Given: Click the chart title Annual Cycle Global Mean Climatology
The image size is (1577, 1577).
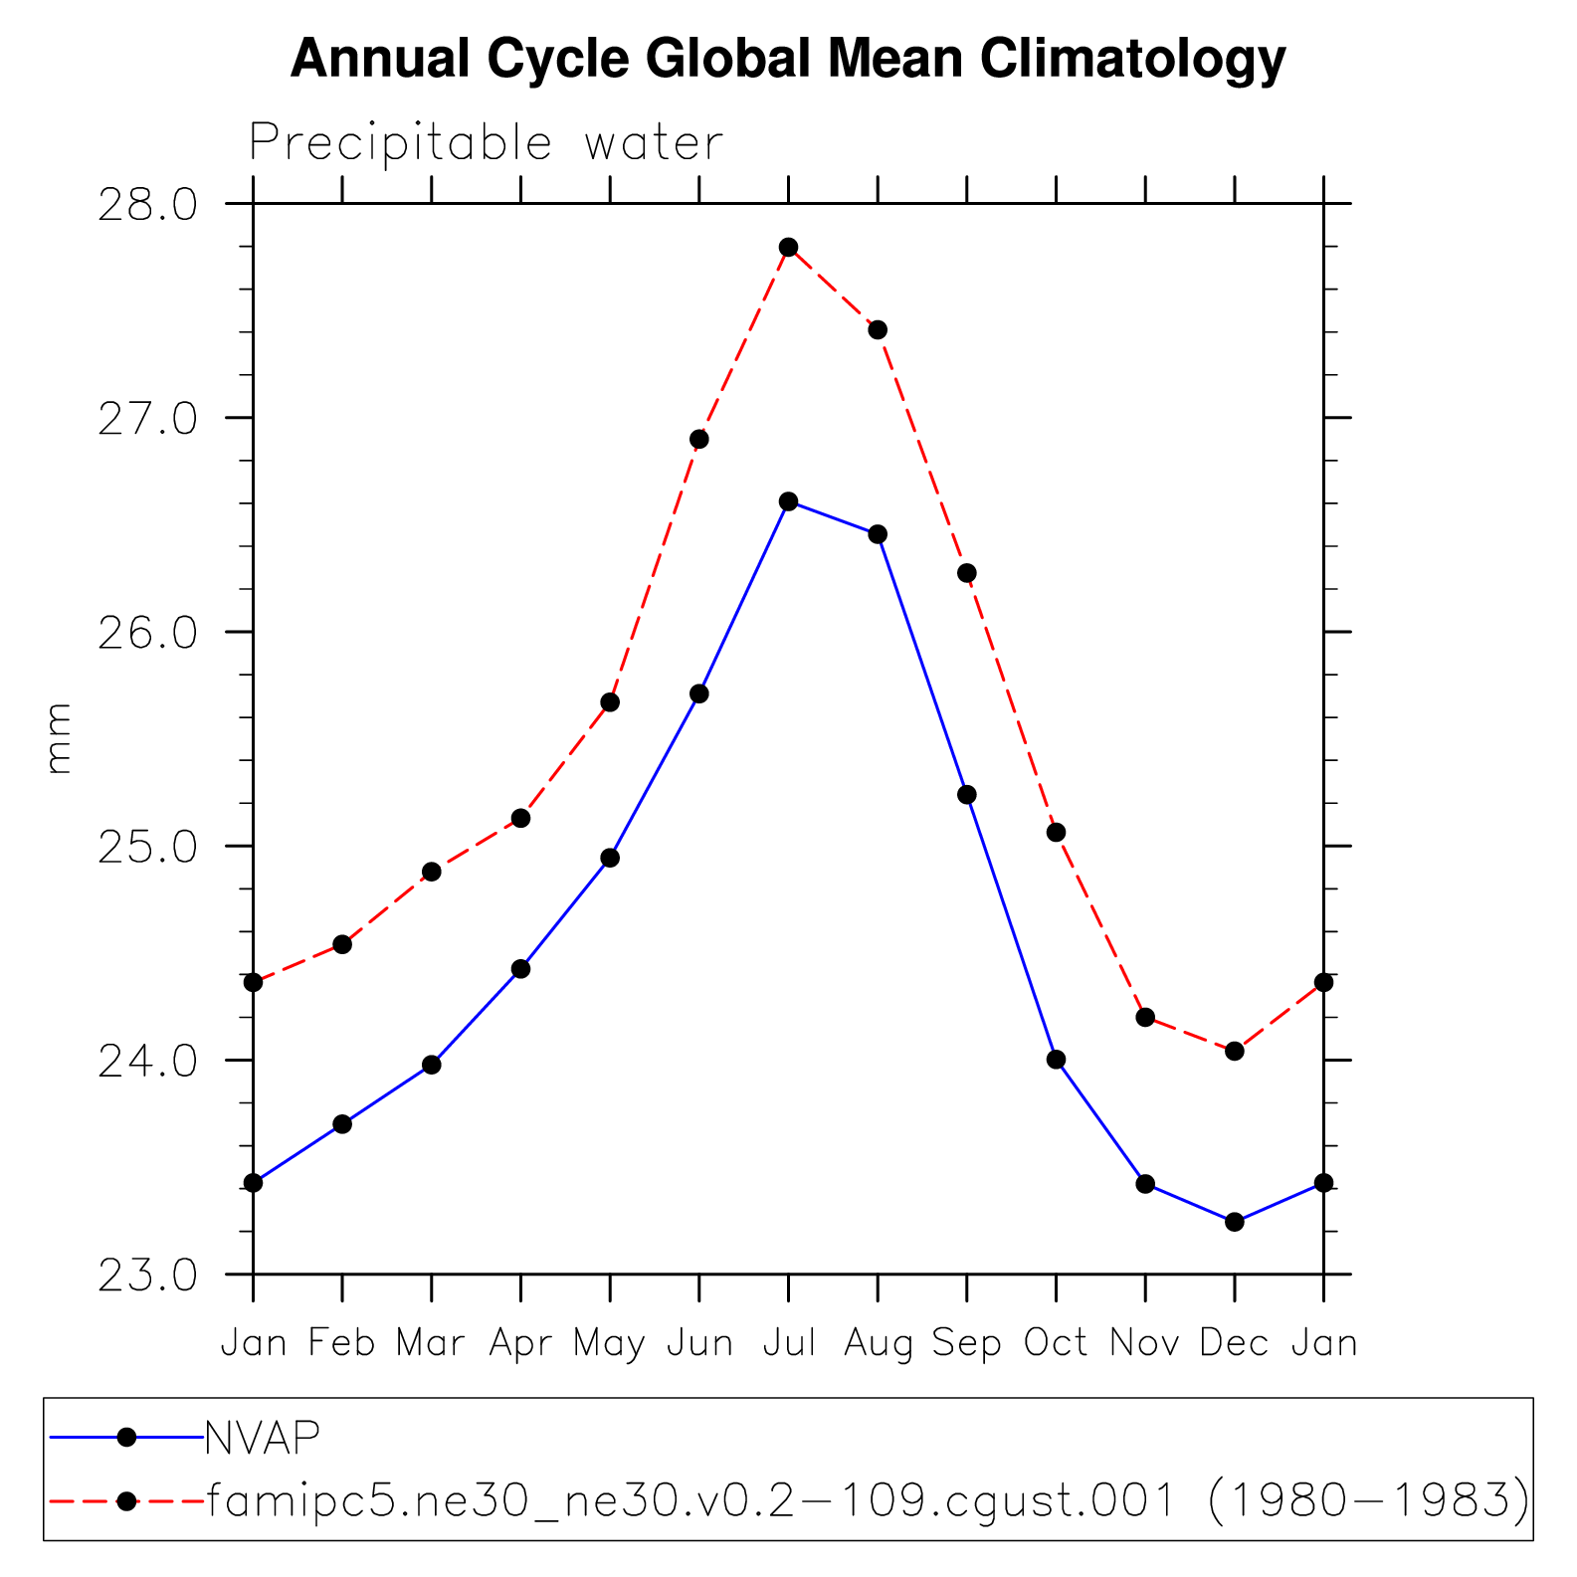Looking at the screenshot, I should pyautogui.click(x=788, y=59).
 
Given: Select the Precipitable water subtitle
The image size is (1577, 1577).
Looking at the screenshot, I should pyautogui.click(x=486, y=143).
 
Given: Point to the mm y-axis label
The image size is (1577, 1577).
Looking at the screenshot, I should pyautogui.click(x=59, y=738).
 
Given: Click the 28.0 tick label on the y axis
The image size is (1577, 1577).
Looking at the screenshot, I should pyautogui.click(x=148, y=205).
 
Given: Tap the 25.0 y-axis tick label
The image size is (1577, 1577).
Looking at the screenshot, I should pyautogui.click(x=148, y=847).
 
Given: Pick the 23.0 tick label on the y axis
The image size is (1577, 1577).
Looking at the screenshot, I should pyautogui.click(x=148, y=1276).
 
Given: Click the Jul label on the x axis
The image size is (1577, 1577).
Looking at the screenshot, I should pyautogui.click(x=789, y=1343).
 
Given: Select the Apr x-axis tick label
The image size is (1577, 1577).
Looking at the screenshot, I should pyautogui.click(x=520, y=1344).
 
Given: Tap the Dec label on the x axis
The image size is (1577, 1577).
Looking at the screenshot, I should pyautogui.click(x=1234, y=1343).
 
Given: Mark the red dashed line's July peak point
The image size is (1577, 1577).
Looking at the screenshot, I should pyautogui.click(x=789, y=248).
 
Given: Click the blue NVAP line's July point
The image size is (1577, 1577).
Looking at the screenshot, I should pyautogui.click(x=789, y=501).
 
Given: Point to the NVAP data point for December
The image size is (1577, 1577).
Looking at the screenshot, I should pyautogui.click(x=1235, y=1222).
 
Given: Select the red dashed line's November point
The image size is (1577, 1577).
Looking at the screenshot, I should pyautogui.click(x=1145, y=1017).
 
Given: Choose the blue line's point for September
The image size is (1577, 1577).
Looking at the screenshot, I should pyautogui.click(x=967, y=795).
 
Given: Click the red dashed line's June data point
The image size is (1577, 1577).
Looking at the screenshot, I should pyautogui.click(x=699, y=439).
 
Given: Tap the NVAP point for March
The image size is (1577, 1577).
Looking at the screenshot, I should pyautogui.click(x=432, y=1065).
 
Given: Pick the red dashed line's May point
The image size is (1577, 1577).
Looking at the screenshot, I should pyautogui.click(x=610, y=702).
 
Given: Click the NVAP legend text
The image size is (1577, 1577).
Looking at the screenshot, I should pyautogui.click(x=263, y=1437).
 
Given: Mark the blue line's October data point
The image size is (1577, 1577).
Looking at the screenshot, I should pyautogui.click(x=1056, y=1060).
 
